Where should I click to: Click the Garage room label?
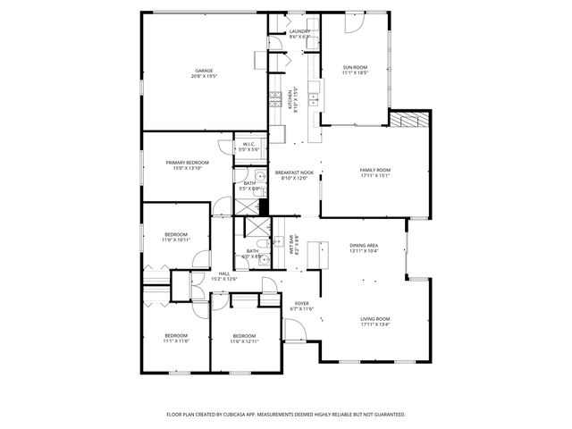coord(204,71)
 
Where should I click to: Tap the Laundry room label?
coord(299,31)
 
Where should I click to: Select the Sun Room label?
coord(355,66)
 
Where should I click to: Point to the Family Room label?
coord(375,170)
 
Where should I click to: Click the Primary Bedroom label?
coord(187,162)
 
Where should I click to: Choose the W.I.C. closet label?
coord(248,145)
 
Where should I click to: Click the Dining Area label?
coord(363,245)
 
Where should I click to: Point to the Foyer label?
coord(302,303)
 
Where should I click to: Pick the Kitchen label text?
coord(290,98)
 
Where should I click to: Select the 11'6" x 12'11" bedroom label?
coord(244,336)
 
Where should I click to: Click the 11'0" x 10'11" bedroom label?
coord(175,235)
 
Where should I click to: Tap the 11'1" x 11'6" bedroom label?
coord(175,336)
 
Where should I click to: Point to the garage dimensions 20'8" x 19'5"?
coord(204,77)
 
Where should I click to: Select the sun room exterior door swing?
coord(355,25)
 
